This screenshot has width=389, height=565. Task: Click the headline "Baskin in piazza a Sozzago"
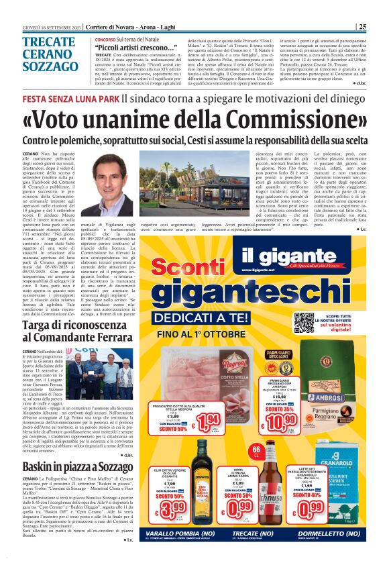tap(78, 448)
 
